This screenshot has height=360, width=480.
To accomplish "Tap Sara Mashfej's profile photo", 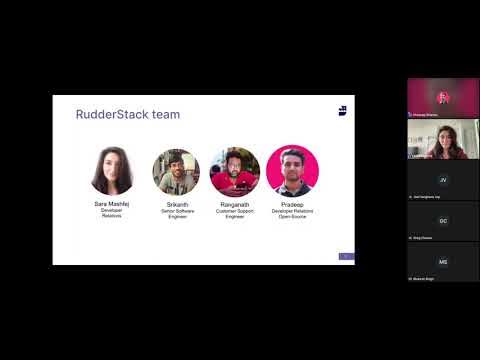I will click(x=112, y=171).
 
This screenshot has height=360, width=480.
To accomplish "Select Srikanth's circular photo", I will click(x=176, y=171).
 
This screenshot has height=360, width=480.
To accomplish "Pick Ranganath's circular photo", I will click(x=235, y=171).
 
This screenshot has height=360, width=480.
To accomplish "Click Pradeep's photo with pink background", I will click(x=292, y=171).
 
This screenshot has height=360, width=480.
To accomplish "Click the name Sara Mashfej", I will click(x=112, y=204).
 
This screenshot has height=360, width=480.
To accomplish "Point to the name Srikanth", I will click(x=177, y=204).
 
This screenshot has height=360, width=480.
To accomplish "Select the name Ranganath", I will click(x=235, y=204).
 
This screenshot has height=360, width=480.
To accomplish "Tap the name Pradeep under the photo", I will click(x=292, y=204).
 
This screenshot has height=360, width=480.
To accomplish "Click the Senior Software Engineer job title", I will click(x=177, y=213).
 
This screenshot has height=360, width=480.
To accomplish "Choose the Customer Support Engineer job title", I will click(x=235, y=213).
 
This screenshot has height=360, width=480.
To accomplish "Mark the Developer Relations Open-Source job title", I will click(x=292, y=213).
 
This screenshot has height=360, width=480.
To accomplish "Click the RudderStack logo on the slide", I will click(x=342, y=110).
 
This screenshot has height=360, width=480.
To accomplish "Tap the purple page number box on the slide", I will click(x=346, y=257).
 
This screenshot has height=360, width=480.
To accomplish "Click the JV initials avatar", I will click(x=443, y=180).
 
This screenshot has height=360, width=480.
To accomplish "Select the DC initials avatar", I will click(x=443, y=220).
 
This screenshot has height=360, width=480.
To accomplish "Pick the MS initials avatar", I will click(x=443, y=261).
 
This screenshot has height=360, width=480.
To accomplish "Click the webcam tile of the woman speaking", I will click(x=443, y=138).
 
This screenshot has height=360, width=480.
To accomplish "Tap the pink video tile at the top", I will click(x=443, y=97).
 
